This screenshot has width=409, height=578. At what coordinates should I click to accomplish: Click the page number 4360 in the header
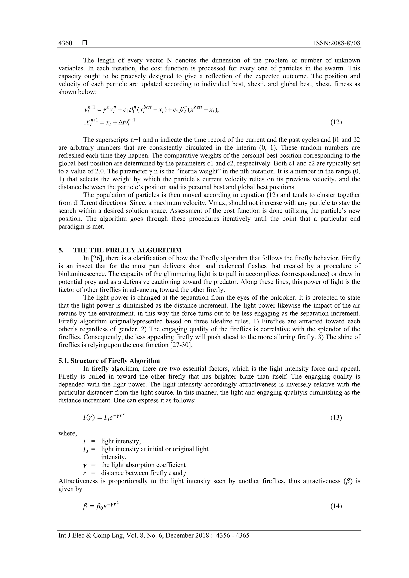click(65, 43)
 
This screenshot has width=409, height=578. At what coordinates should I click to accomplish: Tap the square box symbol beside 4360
click(84, 43)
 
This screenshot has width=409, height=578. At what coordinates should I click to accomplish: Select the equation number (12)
click(336, 122)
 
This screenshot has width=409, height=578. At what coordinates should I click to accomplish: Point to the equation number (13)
click(336, 418)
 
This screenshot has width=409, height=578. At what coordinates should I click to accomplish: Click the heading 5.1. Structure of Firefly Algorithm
click(109, 361)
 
